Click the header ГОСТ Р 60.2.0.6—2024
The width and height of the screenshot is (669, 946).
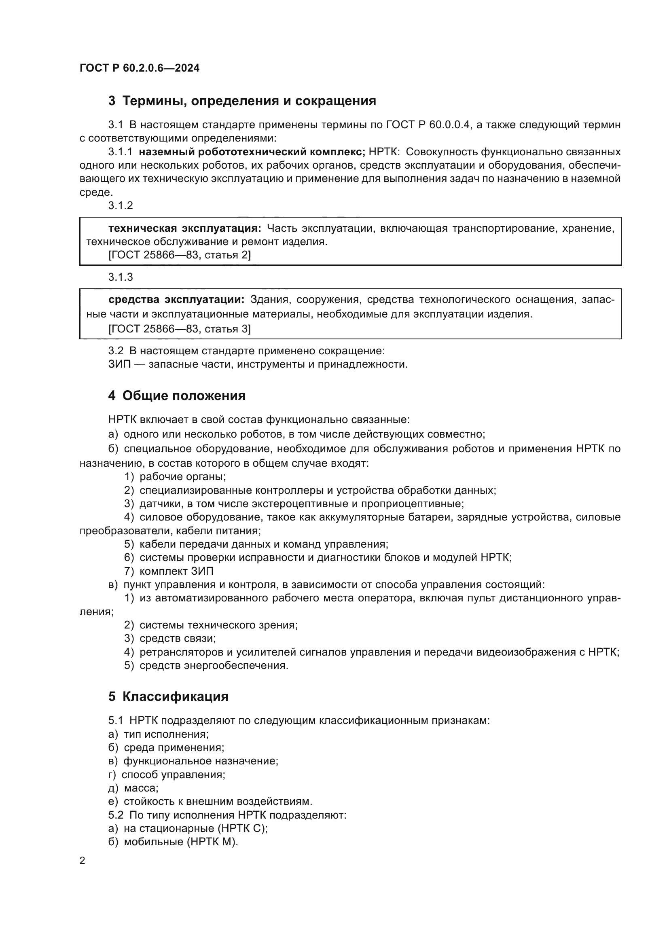tap(139, 68)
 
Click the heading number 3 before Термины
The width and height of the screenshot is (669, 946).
tap(112, 101)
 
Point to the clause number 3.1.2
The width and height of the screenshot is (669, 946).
tap(120, 205)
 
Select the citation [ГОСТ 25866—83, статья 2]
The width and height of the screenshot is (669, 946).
tap(179, 255)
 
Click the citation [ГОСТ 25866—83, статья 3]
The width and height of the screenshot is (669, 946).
tap(179, 329)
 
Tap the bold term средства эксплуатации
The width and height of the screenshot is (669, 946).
tap(176, 300)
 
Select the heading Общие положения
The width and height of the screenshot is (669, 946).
tap(184, 396)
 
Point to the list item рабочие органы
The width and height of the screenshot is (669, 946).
tap(182, 477)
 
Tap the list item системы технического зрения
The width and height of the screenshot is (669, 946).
tap(218, 625)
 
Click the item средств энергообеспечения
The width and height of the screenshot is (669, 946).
tap(214, 665)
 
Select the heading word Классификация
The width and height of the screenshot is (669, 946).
tap(176, 697)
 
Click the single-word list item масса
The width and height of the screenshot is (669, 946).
tap(141, 788)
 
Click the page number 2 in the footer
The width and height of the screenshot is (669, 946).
tap(83, 861)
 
